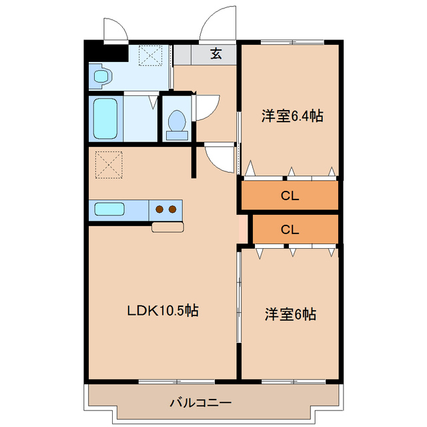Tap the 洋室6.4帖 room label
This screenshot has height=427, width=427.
(x=292, y=116)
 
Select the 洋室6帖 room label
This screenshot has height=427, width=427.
(x=290, y=314)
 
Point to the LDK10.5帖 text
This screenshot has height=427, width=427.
(x=163, y=310)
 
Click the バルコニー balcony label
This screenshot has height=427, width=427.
(x=200, y=403)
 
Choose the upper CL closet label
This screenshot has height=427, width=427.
(x=289, y=196)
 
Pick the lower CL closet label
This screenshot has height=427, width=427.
(x=289, y=230)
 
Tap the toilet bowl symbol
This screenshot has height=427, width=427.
(x=177, y=122)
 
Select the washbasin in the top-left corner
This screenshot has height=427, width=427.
(x=101, y=77)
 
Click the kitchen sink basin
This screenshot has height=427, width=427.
(x=109, y=209)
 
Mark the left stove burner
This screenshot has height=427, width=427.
(x=160, y=209)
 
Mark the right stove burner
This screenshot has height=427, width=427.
(x=173, y=209)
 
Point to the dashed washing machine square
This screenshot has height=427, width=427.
(x=150, y=55)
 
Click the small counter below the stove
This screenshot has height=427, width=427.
(x=167, y=228)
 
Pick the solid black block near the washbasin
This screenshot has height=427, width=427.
(x=107, y=51)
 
